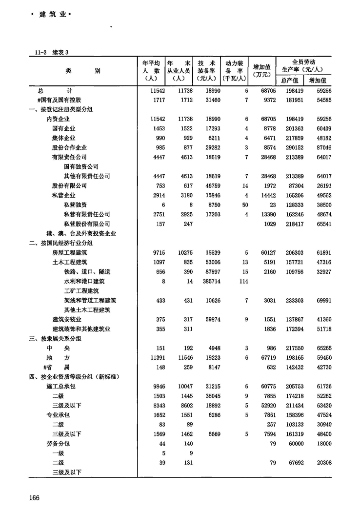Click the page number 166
click(34, 497)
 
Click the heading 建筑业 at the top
click(51, 15)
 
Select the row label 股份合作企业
click(70, 147)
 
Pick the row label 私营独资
click(76, 205)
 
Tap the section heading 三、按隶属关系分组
click(55, 338)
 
